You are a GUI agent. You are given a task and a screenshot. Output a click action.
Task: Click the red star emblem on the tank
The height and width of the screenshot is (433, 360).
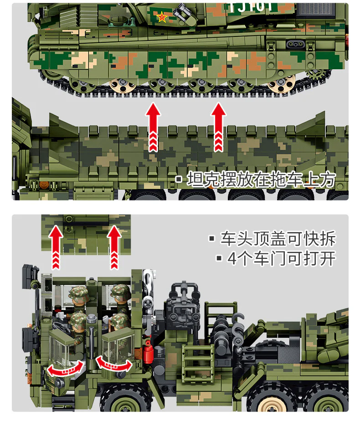click(162, 18)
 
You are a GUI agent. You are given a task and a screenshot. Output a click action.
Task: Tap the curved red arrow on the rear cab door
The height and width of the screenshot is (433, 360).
click(113, 363)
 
